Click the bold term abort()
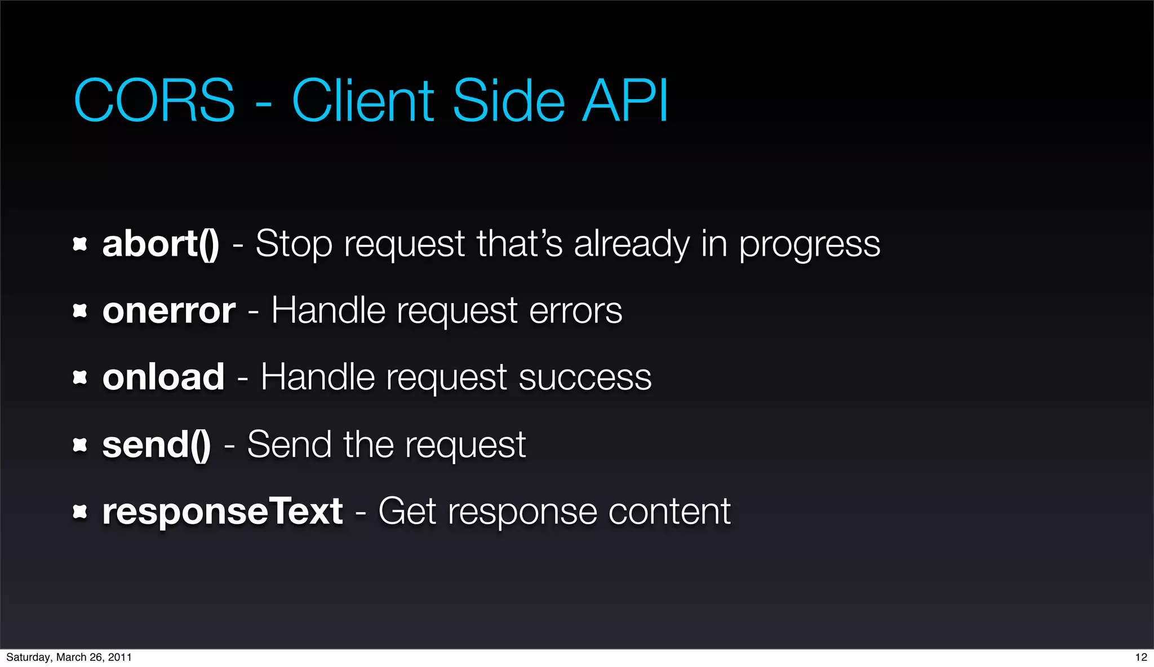[161, 244]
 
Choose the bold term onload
[163, 377]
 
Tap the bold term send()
[157, 444]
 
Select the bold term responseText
[223, 512]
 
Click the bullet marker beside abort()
[80, 244]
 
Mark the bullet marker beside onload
[80, 377]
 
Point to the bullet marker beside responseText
[80, 512]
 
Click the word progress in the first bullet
[809, 245]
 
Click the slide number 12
[1141, 657]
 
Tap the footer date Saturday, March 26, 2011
[69, 657]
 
